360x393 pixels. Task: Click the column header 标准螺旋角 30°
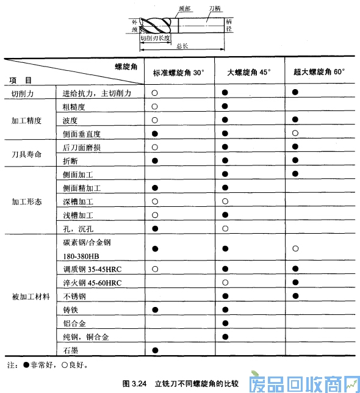[x=179, y=72]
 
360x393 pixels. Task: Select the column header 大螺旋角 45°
[x=249, y=72]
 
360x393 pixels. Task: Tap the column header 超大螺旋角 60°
[x=319, y=72]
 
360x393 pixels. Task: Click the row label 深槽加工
[x=78, y=201]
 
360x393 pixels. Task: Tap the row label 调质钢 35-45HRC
[x=92, y=269]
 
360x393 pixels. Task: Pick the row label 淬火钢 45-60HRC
[x=92, y=283]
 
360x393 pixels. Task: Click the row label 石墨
[x=71, y=350]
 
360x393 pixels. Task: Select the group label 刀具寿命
[x=27, y=154]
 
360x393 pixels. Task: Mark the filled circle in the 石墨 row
[x=155, y=350]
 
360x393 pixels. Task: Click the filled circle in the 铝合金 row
[x=225, y=323]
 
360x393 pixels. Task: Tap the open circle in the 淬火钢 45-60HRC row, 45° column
[x=225, y=283]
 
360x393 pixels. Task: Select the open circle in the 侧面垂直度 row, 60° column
[x=295, y=133]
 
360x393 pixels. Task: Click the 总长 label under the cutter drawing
[x=182, y=46]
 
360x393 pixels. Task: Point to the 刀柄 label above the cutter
[x=214, y=9]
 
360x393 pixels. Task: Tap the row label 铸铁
[x=71, y=310]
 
